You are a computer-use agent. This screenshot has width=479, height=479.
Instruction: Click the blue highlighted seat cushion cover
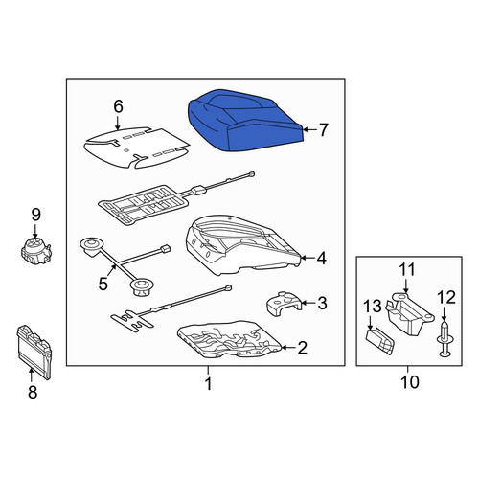pos(245,121)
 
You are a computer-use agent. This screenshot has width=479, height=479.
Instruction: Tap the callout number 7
pos(323,129)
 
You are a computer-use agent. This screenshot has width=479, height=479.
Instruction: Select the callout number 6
pos(118,106)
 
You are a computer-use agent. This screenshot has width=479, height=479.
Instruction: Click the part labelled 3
pos(285,305)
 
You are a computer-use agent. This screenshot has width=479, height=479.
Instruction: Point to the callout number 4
pos(322,258)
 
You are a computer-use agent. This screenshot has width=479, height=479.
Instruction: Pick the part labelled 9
pos(35,251)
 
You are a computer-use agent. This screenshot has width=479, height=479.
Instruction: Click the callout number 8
pos(33,392)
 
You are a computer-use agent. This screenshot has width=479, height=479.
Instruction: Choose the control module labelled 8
pos(34,352)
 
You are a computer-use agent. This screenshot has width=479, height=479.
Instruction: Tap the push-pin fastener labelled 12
pos(445,339)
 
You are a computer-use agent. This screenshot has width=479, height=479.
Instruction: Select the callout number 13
pos(373,307)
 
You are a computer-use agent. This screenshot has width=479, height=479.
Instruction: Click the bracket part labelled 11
pos(411,313)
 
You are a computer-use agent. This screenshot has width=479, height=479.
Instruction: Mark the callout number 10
pos(410,381)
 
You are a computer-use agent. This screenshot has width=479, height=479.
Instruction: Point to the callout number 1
pos(208,383)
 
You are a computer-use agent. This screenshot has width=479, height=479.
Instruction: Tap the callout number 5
pos(103,284)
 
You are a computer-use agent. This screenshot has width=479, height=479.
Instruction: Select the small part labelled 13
pos(379,341)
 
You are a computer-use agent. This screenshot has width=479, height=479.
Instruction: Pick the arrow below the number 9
pos(35,230)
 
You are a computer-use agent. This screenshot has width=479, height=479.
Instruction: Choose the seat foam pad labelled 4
pos(242,245)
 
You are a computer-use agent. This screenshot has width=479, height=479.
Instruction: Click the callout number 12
pos(446,297)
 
